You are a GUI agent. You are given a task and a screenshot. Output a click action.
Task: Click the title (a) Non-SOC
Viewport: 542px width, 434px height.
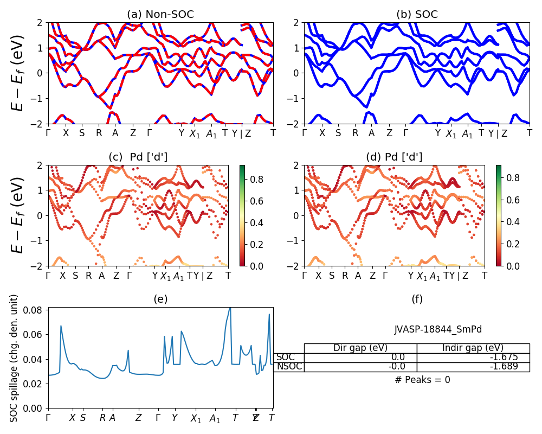tap(160, 15)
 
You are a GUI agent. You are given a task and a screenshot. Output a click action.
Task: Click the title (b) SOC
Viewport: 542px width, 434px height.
tap(417, 15)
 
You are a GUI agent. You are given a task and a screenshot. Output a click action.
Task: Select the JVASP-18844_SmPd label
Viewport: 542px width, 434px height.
tap(438, 329)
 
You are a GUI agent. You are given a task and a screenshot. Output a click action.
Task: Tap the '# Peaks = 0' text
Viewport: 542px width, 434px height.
tap(422, 380)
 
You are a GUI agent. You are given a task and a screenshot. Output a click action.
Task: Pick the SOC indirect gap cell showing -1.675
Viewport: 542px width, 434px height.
tap(473, 358)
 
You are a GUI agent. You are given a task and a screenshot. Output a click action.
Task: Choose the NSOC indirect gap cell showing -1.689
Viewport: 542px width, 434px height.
tap(473, 367)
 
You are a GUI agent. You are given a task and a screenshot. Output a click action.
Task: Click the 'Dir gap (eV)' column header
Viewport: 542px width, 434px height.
tap(360, 348)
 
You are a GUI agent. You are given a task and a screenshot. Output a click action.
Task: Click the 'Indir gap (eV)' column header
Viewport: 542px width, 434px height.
tap(473, 348)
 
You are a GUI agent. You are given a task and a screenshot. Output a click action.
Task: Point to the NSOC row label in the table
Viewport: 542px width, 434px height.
tap(288, 367)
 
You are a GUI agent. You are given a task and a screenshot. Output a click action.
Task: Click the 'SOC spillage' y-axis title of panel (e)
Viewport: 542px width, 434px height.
tap(15, 358)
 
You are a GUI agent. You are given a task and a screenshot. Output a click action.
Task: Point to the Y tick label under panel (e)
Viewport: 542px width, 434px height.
tap(175, 418)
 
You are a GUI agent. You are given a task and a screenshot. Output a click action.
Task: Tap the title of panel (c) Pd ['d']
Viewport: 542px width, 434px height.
tap(138, 157)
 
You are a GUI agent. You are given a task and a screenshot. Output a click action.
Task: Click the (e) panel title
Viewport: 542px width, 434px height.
tap(160, 299)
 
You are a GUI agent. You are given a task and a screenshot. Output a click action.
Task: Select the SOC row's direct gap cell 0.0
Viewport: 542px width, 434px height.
tap(360, 358)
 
